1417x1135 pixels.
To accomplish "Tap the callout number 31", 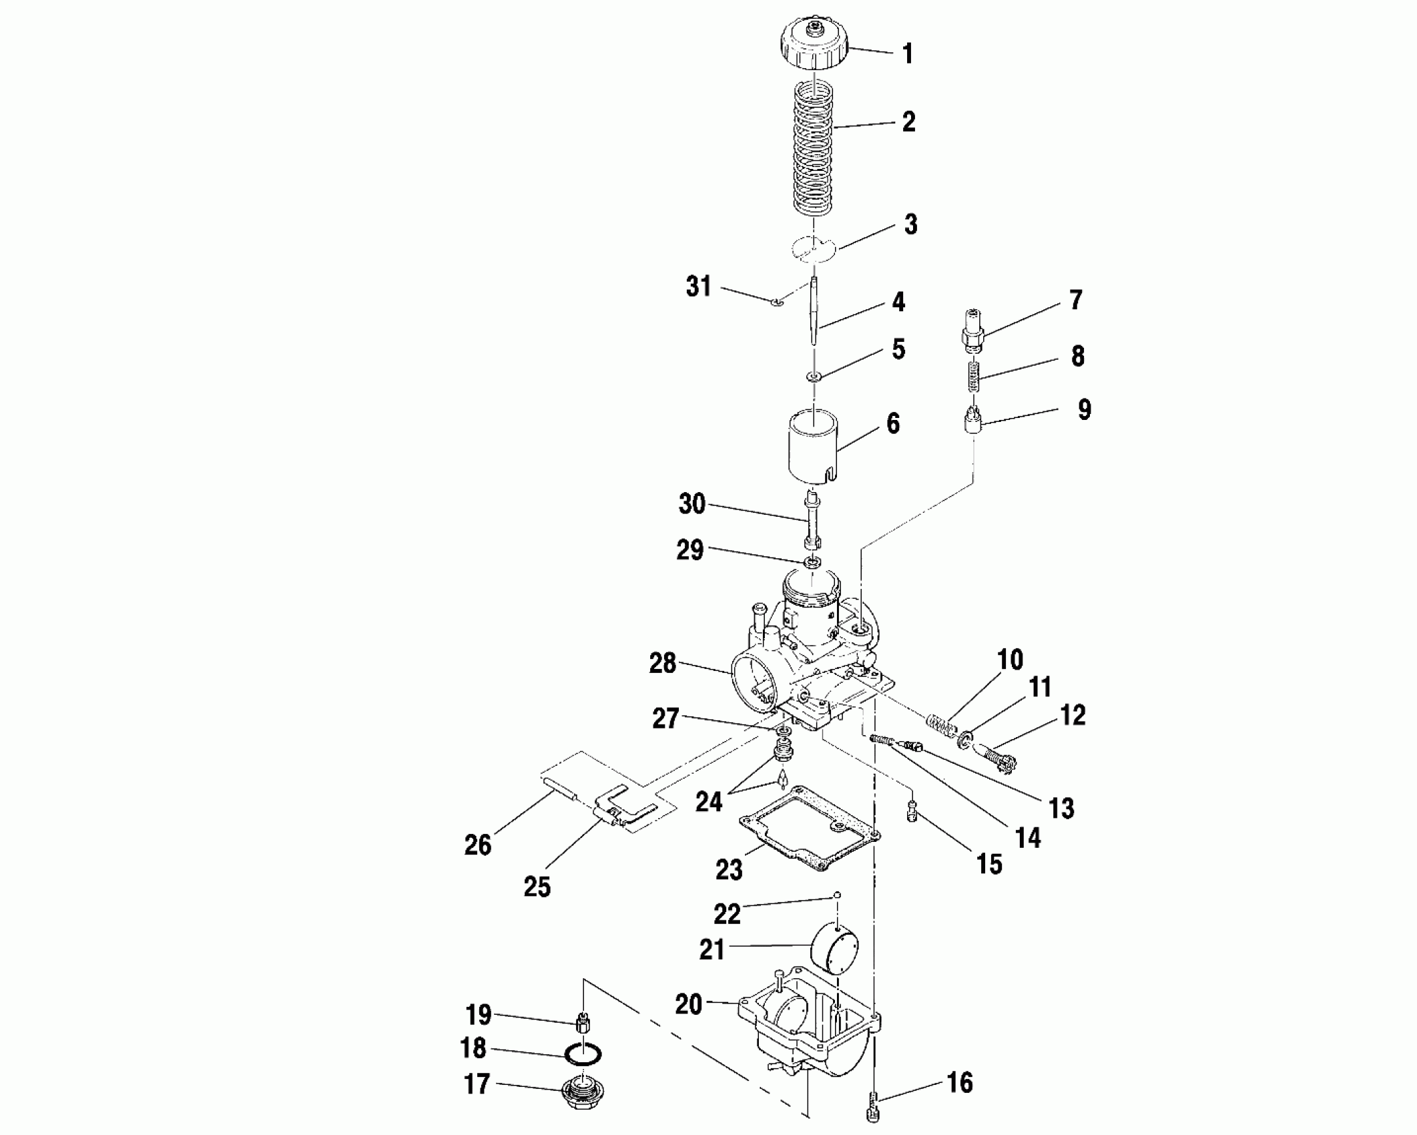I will tap(699, 287).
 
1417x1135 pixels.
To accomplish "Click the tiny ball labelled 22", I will tap(837, 895).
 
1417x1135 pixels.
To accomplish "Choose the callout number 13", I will tap(1061, 809).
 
